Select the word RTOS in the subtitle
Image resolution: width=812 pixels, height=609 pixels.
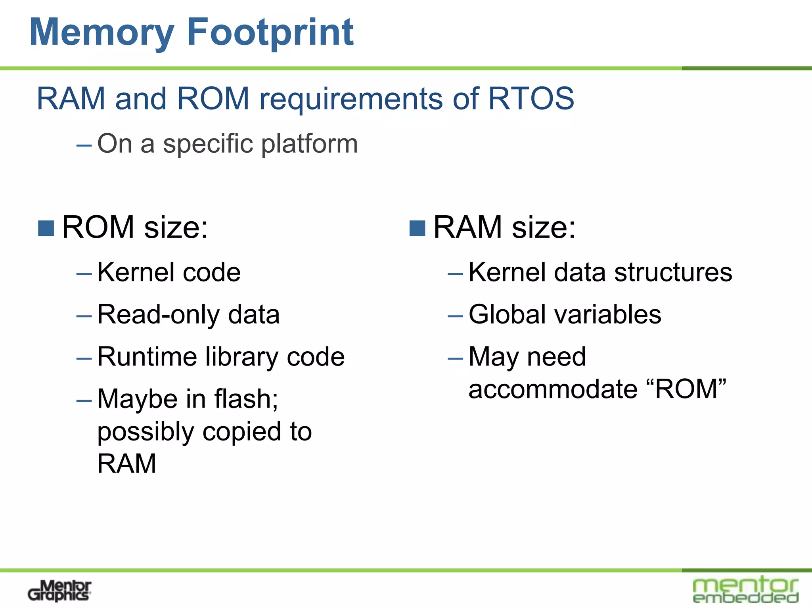[x=531, y=98]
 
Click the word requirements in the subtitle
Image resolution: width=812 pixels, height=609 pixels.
[x=351, y=99]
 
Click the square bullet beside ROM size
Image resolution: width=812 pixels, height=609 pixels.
[x=46, y=228]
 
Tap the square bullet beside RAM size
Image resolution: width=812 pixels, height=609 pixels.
[x=417, y=228]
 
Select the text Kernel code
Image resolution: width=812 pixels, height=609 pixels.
[x=169, y=272]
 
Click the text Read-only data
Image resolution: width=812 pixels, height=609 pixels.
[x=188, y=315]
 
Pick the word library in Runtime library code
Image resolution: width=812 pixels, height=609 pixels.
[x=242, y=357]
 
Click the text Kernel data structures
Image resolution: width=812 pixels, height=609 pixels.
[x=600, y=272]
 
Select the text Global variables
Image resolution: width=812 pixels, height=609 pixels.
[x=565, y=315]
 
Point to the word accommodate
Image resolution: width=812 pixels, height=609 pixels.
[x=553, y=389]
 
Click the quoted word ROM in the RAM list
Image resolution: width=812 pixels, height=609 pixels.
[x=686, y=389]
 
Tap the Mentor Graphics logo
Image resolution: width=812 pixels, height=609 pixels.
[x=59, y=591]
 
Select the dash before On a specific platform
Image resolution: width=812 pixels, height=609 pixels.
[x=84, y=146]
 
